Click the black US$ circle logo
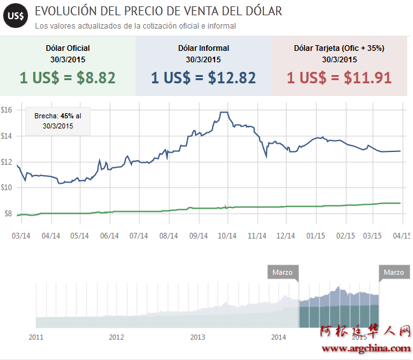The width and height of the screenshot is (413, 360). [x=15, y=17]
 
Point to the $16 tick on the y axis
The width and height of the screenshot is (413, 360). [x=6, y=109]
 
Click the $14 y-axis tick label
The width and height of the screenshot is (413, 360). [x=6, y=135]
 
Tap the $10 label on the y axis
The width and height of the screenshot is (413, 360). [x=6, y=187]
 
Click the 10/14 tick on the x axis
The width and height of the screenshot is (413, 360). [x=227, y=235]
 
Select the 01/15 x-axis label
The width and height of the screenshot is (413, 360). [x=316, y=235]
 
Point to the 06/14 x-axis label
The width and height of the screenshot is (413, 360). [x=110, y=235]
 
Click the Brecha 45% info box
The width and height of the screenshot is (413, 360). [x=58, y=121]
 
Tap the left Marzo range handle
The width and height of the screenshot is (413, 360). [x=283, y=273]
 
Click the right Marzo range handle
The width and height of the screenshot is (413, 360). [x=394, y=273]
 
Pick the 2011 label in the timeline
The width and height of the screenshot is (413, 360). [x=36, y=336]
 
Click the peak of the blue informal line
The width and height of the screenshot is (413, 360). [x=223, y=113]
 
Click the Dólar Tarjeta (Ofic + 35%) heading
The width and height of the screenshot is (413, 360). [x=339, y=48]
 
